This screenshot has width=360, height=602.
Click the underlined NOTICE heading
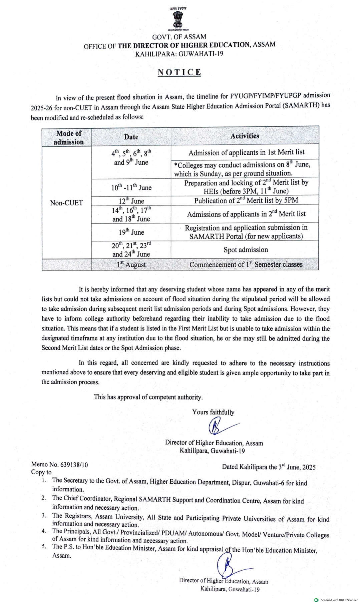tap(179, 72)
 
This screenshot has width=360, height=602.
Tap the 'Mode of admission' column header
tap(68, 137)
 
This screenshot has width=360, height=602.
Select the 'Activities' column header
tap(245, 136)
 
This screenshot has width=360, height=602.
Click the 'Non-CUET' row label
tap(66, 203)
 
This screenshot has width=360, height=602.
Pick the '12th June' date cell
tap(131, 201)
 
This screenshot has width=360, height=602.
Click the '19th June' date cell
tap(131, 232)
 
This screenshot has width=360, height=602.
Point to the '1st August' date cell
tap(131, 264)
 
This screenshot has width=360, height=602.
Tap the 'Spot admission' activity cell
tap(246, 250)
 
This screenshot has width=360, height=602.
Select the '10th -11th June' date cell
tap(131, 187)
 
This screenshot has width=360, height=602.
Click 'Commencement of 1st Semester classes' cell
tap(246, 264)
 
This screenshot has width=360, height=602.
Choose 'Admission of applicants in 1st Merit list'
tap(246, 152)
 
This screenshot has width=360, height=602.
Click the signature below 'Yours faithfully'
tap(220, 426)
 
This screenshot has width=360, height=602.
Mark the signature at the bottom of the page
tap(230, 565)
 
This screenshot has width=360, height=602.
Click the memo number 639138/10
tap(74, 465)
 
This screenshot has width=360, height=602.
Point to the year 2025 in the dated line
tap(309, 467)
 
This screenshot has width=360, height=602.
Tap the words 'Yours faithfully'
tap(213, 412)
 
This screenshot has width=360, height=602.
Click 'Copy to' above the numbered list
tap(41, 472)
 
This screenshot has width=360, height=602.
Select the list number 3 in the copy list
tap(44, 516)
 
